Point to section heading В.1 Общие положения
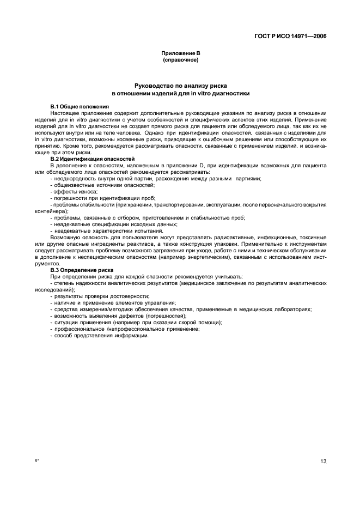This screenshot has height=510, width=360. tap(80, 106)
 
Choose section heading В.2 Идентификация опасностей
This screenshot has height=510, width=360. tap(92, 159)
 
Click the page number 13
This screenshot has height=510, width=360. tap(323, 462)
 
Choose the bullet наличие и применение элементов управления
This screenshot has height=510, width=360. tap(114, 302)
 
